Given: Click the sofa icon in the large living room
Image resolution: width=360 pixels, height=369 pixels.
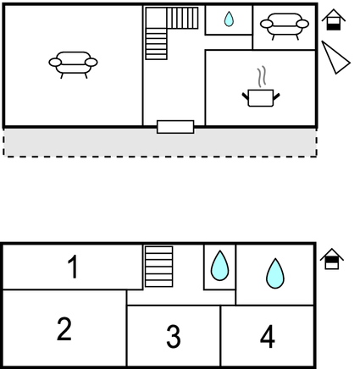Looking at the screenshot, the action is click(73, 64).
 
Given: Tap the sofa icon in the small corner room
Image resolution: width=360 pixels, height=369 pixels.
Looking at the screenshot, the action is click(285, 26).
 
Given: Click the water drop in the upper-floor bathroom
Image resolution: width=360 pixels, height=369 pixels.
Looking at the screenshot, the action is click(229, 19).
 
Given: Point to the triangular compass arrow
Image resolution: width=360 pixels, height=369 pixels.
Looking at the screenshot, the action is click(335, 58).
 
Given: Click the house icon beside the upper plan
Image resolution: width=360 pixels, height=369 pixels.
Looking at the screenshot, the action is click(334, 19).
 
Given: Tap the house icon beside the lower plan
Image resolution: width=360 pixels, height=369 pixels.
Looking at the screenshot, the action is click(332, 259).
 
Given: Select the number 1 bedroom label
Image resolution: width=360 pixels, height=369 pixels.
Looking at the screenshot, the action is click(73, 267).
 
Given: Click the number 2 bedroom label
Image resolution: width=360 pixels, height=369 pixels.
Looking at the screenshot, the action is click(64, 328).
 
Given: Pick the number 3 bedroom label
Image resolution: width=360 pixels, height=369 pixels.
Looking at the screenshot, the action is click(174, 336).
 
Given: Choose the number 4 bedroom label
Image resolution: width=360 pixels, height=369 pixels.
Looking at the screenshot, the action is click(267, 336).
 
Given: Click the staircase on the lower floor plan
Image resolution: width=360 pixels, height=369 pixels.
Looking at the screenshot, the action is click(158, 267).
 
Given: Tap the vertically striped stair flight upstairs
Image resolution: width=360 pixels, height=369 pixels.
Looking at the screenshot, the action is click(182, 18).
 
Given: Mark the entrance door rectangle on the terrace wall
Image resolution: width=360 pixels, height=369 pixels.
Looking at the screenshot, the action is click(175, 127).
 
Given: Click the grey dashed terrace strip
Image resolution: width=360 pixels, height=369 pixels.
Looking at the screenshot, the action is click(160, 142).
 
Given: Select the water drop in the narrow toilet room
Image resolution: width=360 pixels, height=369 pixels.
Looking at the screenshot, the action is click(219, 266).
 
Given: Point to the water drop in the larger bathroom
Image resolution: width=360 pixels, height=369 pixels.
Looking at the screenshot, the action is click(274, 273).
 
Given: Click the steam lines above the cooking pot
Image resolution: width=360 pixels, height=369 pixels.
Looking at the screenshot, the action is click(263, 76).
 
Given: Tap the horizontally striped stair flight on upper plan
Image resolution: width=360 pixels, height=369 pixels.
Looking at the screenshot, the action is click(156, 44).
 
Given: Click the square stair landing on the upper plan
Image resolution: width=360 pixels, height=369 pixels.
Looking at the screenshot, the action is click(156, 18).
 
